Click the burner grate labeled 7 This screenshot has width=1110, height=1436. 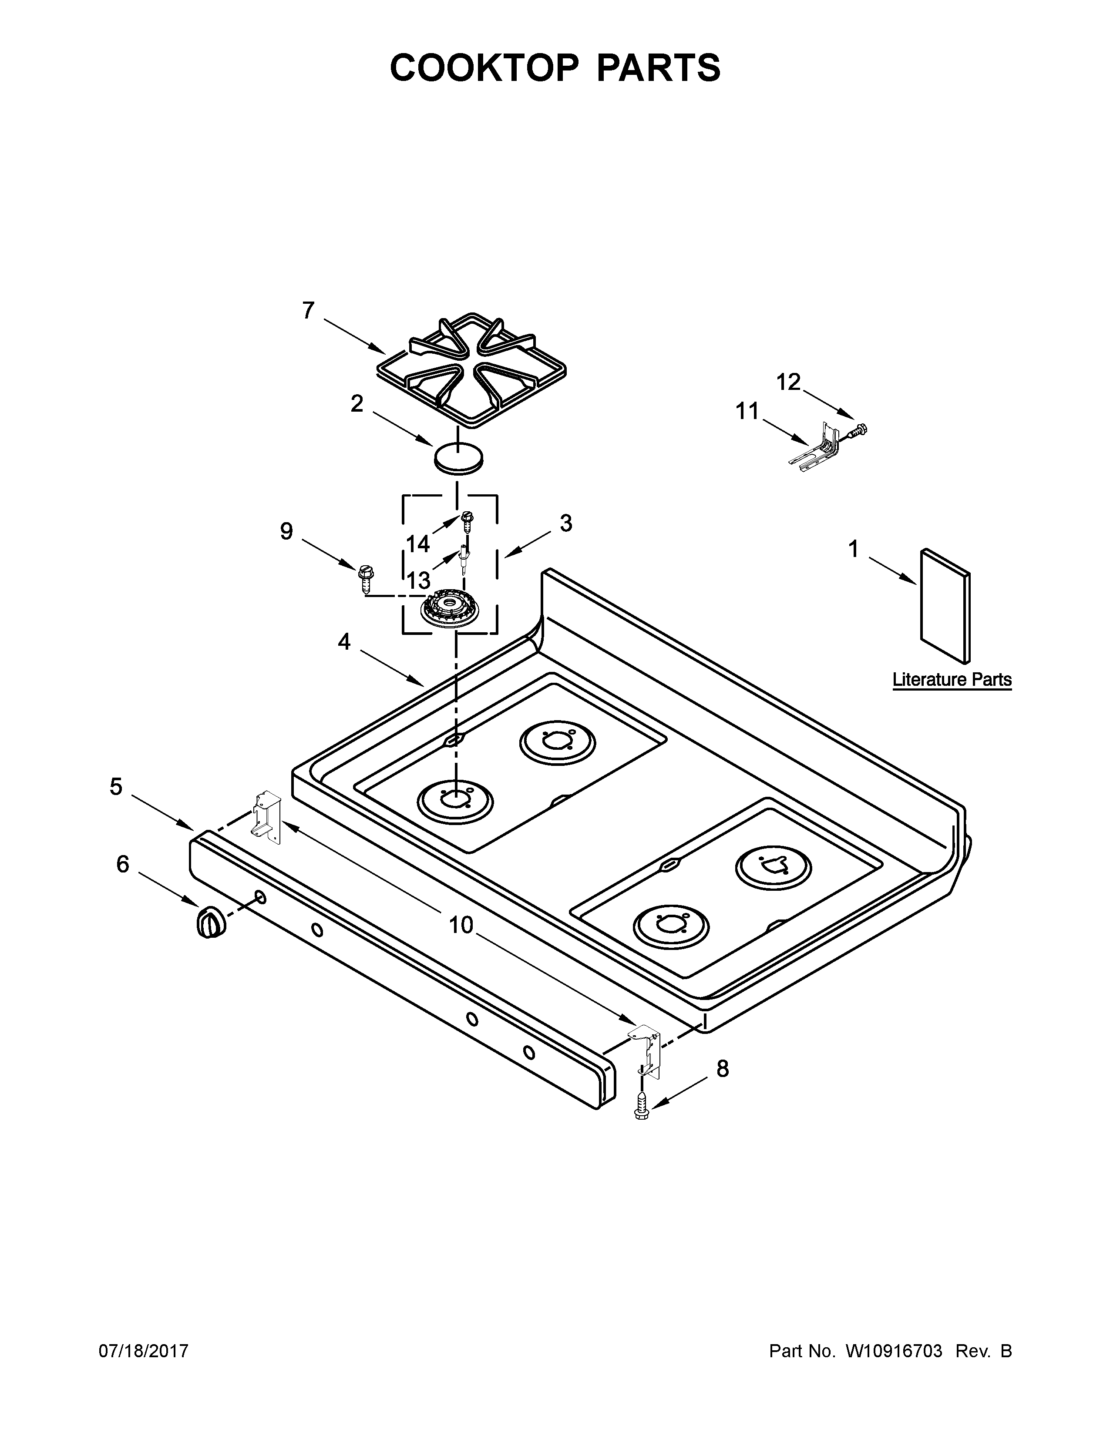474,372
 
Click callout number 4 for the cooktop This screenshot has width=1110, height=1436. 344,642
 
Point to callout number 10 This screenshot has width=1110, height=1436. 461,925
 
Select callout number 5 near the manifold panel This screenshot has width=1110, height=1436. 116,786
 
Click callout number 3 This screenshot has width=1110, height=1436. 565,523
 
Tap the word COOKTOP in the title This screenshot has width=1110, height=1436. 484,68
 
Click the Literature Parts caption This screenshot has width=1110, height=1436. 952,680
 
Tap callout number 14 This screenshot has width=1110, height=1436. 417,544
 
